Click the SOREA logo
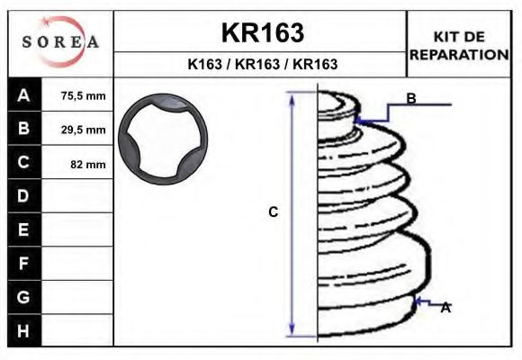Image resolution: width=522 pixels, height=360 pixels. coord(60,42)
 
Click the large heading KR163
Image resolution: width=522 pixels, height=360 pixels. coord(262,33)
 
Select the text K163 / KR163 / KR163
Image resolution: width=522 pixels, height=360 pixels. coord(262,64)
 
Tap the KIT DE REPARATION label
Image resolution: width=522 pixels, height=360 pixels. coord(459,45)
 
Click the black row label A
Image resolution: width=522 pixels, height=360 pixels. coord(24,95)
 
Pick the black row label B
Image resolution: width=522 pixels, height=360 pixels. coord(24,129)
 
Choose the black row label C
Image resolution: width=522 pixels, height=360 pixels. coord(24,163)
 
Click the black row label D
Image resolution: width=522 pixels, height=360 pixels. coord(24,196)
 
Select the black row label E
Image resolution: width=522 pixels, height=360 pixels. coord(24,229)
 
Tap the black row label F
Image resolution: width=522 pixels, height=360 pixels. coord(24,264)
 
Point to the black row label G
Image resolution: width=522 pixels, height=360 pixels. coord(24,297)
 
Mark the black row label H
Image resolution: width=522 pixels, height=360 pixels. coord(24,330)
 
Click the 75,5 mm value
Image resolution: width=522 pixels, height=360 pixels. coord(83,95)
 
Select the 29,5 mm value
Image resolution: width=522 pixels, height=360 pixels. coord(83,130)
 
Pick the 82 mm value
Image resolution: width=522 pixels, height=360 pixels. coord(88,164)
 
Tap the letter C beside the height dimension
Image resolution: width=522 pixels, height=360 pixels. coord(274,212)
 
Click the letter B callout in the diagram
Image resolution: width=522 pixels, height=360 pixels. coord(410,99)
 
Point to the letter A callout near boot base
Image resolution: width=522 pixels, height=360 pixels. coord(445,308)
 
